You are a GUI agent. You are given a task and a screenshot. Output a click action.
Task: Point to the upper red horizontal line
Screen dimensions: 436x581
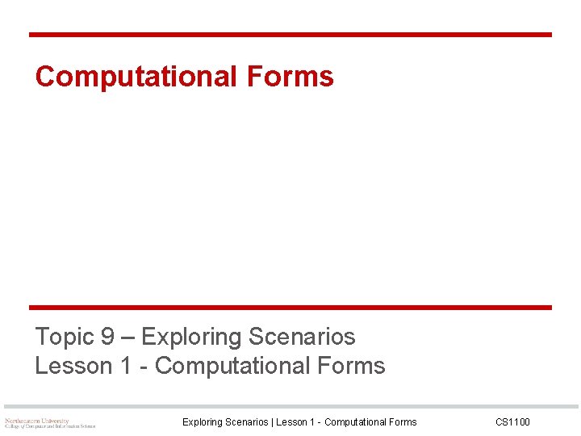click(x=290, y=35)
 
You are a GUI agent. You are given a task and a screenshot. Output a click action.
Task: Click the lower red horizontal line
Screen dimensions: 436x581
click(x=290, y=308)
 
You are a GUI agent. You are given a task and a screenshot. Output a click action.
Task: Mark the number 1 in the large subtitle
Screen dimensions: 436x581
click(x=126, y=366)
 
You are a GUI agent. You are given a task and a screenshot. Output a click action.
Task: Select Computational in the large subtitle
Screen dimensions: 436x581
click(x=232, y=366)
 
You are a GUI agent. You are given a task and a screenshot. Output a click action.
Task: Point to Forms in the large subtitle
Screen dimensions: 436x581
click(x=351, y=366)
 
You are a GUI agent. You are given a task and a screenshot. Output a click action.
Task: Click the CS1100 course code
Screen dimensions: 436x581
click(x=512, y=422)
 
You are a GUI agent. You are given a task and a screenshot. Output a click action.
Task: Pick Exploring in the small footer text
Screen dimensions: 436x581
click(x=203, y=422)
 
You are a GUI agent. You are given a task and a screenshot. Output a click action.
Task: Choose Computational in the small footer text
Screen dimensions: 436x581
click(x=355, y=422)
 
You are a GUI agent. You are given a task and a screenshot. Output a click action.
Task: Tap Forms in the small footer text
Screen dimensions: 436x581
click(x=402, y=422)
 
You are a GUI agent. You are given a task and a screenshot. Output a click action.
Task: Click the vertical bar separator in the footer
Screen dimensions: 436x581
click(x=273, y=422)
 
